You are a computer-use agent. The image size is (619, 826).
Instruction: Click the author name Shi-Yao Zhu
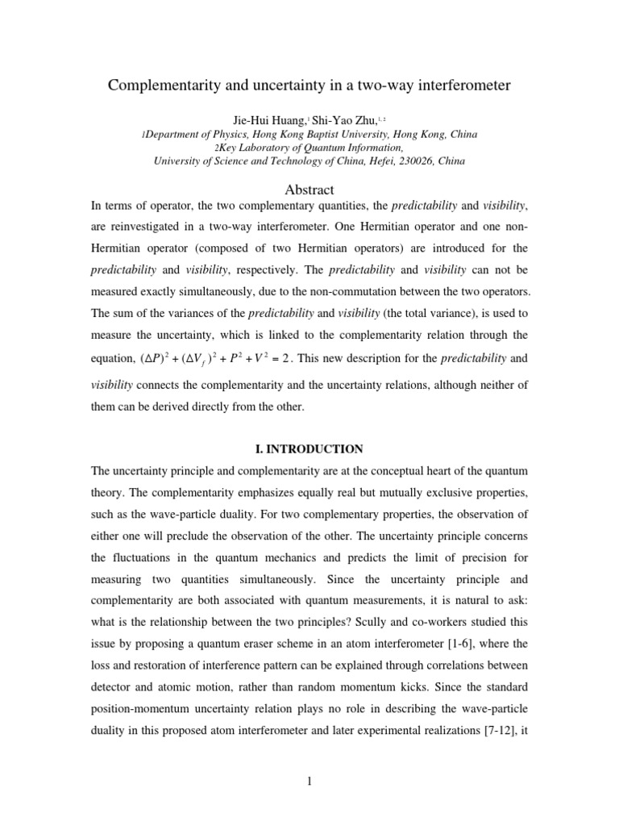pyautogui.click(x=330, y=119)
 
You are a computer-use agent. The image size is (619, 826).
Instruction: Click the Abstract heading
pyautogui.click(x=309, y=190)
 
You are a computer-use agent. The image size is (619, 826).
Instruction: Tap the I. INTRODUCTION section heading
pyautogui.click(x=309, y=448)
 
